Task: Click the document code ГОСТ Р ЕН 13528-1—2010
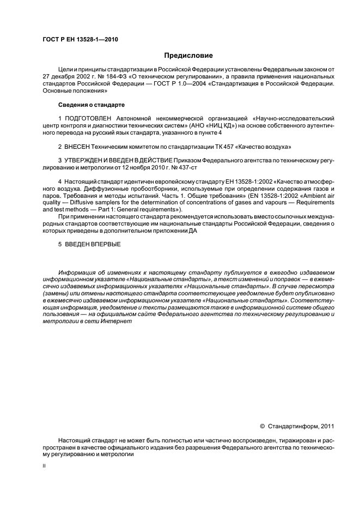[x=80, y=39]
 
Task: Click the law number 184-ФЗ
[x=118, y=77]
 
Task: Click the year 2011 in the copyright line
[x=327, y=427]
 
